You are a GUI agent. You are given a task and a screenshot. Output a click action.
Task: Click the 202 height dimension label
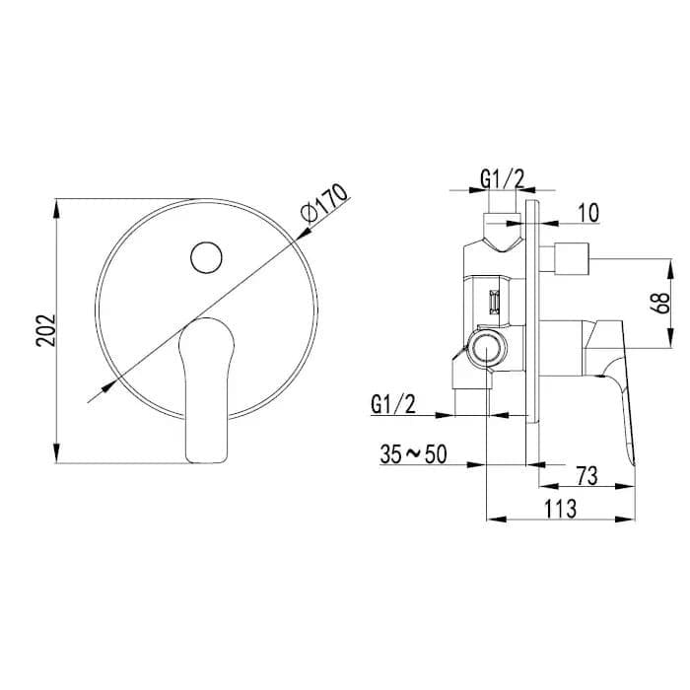coord(45,330)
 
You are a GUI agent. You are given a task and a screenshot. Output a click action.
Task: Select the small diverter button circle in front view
coord(206,257)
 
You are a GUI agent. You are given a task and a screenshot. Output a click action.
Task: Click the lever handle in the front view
coord(206,390)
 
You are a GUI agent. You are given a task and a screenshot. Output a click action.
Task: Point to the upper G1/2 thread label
coord(502,179)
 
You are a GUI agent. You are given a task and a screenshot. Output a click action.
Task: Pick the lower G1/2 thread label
coord(393,404)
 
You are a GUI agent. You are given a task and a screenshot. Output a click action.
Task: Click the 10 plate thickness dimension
coord(587,213)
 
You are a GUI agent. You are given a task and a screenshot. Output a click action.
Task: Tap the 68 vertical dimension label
coord(660,303)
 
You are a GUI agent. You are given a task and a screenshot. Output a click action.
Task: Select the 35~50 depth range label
coord(413,454)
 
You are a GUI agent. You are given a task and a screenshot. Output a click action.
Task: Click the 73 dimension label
coord(586,476)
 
